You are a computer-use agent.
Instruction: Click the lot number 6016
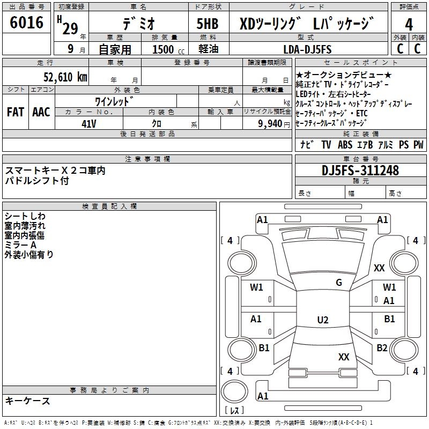[27, 23]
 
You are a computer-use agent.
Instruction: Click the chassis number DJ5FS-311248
[360, 171]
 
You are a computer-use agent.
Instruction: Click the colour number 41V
[89, 123]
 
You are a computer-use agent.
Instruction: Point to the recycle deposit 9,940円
[269, 123]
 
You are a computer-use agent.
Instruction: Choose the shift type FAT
[16, 112]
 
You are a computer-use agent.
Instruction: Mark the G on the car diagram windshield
[338, 283]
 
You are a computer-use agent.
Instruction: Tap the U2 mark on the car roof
[322, 320]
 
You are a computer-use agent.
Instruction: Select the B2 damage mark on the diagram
[382, 348]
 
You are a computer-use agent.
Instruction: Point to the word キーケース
[27, 401]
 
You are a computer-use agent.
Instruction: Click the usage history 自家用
[115, 49]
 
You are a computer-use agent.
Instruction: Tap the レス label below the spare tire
[234, 411]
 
